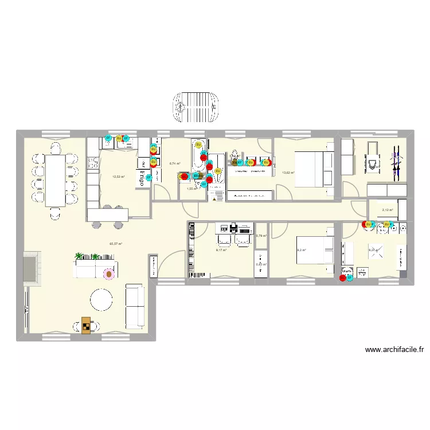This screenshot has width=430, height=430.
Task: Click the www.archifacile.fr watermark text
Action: tap(393, 349)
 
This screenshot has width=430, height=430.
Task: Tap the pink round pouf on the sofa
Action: tap(108, 274)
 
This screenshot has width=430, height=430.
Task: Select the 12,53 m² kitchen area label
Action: tap(118, 161)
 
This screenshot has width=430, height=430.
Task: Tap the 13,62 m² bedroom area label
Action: tap(288, 172)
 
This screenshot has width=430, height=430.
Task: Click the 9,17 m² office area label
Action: tap(221, 250)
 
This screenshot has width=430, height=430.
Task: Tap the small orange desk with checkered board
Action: tap(86, 325)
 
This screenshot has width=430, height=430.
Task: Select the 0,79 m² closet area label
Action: tap(261, 236)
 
